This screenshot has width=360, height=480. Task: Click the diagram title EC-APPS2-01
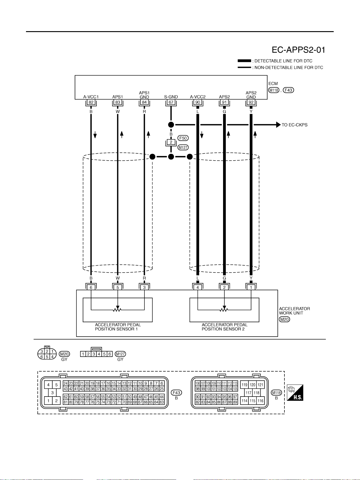tap(298, 50)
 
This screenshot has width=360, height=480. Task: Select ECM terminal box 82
tap(91, 102)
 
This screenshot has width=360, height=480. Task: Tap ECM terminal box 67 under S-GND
tap(171, 102)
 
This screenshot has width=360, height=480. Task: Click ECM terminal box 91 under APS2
tap(224, 102)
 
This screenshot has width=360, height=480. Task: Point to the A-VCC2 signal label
tap(198, 97)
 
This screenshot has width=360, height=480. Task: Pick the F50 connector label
tap(183, 138)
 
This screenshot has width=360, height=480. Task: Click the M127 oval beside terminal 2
tap(183, 147)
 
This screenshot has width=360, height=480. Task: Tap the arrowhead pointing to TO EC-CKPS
tap(278, 125)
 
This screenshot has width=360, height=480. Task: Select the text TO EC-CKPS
tap(294, 125)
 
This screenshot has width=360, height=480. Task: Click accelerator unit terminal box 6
tap(91, 287)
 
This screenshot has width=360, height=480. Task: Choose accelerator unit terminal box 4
tap(198, 287)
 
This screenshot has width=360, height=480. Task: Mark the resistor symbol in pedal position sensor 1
tap(118, 310)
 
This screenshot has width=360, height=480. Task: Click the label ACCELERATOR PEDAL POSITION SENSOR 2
tap(224, 327)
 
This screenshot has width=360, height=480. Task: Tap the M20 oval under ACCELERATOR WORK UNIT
tap(284, 319)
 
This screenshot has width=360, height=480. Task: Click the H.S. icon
tap(295, 393)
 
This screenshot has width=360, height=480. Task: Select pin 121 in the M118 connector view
tap(260, 385)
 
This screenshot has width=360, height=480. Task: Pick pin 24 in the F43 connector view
tap(66, 383)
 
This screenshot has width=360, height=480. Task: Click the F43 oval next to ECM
tap(288, 90)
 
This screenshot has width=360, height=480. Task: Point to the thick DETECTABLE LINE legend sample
tap(244, 61)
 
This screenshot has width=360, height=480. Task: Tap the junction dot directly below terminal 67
tap(171, 125)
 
